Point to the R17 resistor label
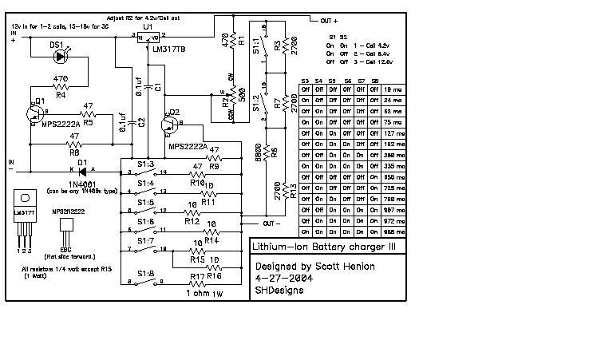point(199,277)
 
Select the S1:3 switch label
point(144,163)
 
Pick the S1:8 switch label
point(144,273)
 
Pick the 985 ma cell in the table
point(393,231)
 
